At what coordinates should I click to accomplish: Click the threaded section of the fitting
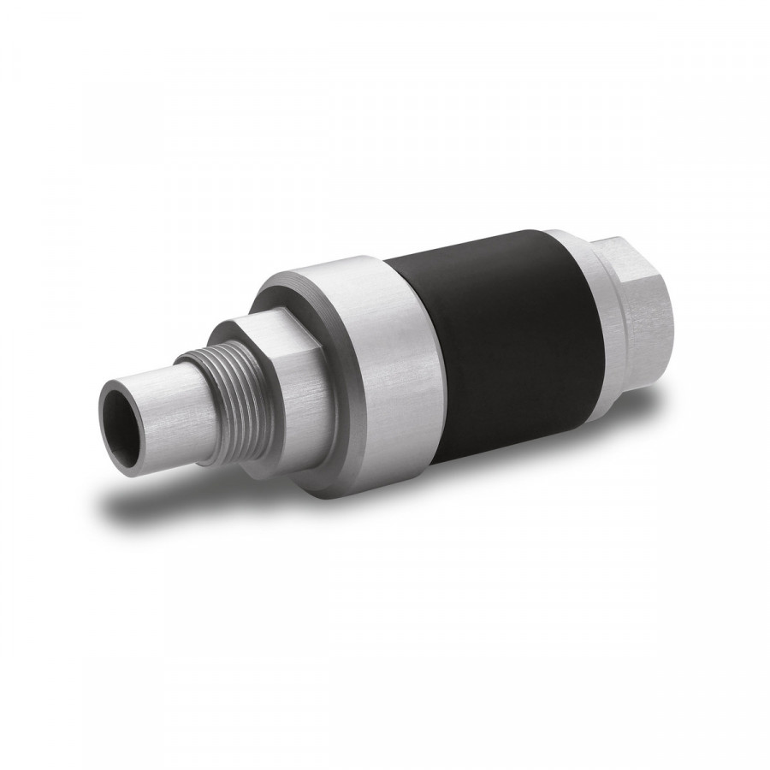click(214, 381)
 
